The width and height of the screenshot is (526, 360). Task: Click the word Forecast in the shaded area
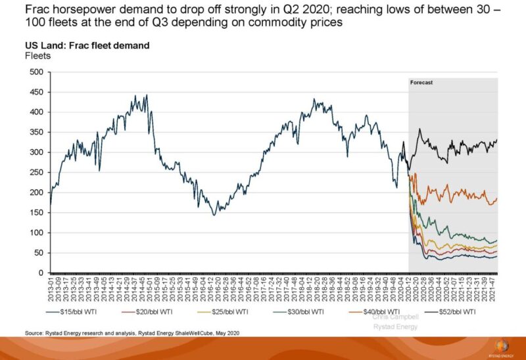pos(421,83)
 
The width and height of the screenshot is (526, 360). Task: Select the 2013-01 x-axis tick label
pos(51,290)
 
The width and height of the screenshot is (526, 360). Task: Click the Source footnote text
pos(132,334)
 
